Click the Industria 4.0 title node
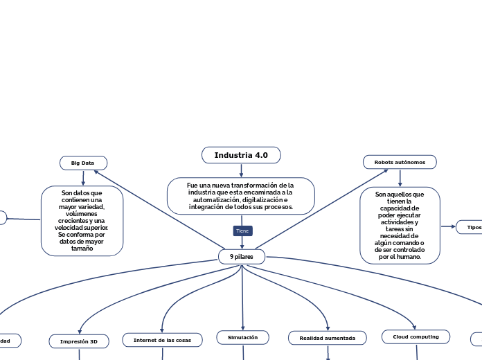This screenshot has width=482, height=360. pos(241,155)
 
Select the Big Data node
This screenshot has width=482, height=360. pos(83,163)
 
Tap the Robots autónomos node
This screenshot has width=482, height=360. pos(400,162)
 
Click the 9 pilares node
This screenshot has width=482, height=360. pos(242,257)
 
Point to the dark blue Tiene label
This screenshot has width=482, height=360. pos(242,231)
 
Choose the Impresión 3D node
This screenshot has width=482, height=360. pos(79,341)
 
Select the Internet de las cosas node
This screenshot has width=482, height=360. pos(162,340)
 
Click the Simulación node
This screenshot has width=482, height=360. pos(242,337)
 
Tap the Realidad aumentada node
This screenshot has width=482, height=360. pos(327,338)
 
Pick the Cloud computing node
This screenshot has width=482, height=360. pos(416,336)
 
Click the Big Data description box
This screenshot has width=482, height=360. pos(82,221)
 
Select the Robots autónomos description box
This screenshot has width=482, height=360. pos(400,225)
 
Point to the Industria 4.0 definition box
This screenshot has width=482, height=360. pos(241,196)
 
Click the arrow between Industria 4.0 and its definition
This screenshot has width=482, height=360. pos(241,170)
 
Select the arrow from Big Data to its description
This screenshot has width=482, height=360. pos(83,178)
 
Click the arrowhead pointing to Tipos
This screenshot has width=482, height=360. pos(453,226)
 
